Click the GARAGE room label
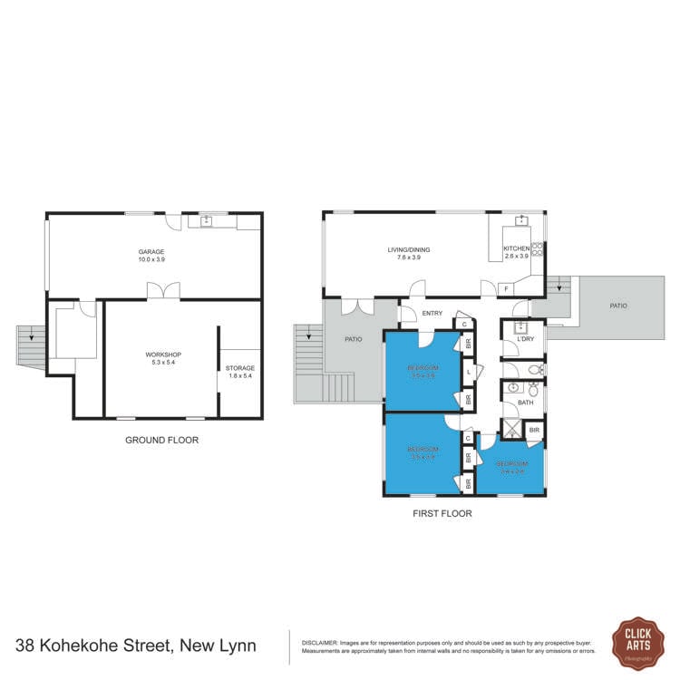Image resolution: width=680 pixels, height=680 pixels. pos(151,251)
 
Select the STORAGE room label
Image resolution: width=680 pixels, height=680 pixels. pos(240,368)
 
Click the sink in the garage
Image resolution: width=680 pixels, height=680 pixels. pos(206,220)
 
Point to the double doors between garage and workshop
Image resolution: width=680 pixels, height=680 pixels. pos(163,290)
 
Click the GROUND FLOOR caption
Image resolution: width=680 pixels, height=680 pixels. pos(161,441)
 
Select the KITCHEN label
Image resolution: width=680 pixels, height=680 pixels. pos(516,248)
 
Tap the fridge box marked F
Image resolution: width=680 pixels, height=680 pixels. pos(505,289)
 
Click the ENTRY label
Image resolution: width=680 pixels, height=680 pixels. pos(431,314)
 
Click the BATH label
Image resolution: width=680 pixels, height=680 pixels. pos(526,402)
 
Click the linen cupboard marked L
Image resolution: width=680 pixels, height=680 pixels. pos(468,372)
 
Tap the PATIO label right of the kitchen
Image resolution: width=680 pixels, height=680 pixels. pos(617,306)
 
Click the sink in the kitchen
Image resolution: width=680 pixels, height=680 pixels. pos(522,220)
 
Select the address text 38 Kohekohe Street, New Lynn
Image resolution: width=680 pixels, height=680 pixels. pos(136,646)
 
